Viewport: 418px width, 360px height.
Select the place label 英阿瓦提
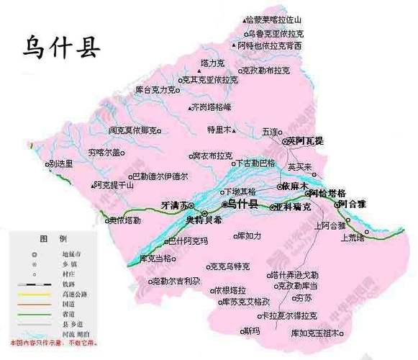(x=305, y=141)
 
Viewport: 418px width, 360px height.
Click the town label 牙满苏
(x=173, y=205)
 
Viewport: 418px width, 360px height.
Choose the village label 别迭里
(x=62, y=163)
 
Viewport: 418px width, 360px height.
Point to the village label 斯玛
(x=252, y=331)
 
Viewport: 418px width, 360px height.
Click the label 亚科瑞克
(x=294, y=207)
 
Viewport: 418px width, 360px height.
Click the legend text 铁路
(x=69, y=285)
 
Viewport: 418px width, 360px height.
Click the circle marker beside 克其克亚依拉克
(x=183, y=80)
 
